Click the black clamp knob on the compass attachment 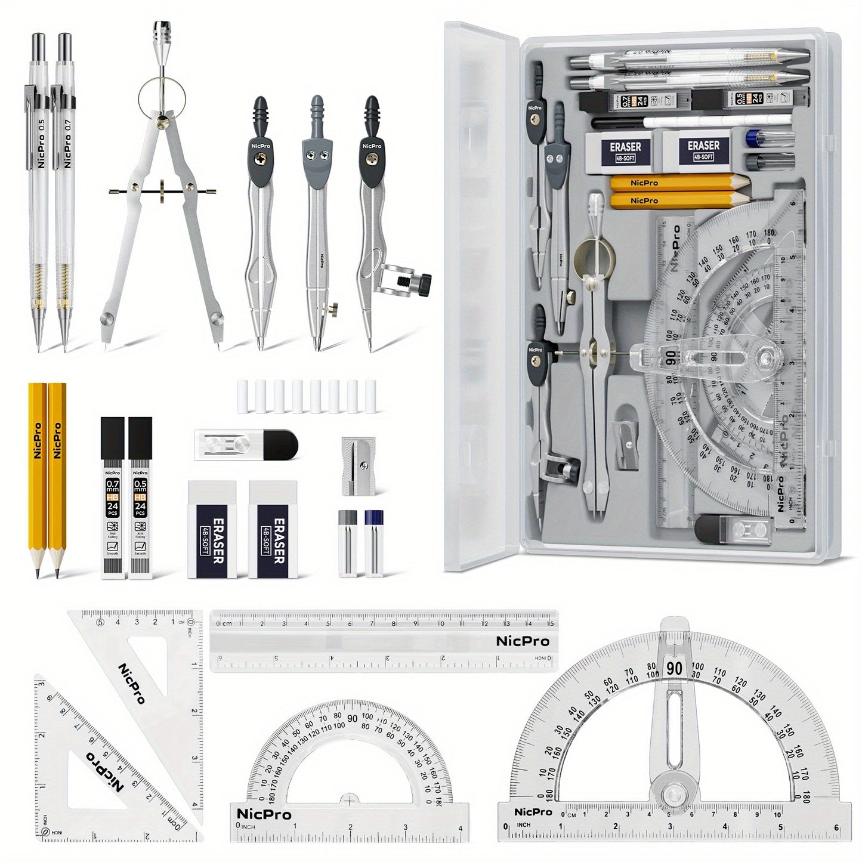coord(424,285)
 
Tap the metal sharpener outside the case coord(359,466)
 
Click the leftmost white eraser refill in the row coord(242,396)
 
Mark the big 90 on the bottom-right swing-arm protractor coord(674,668)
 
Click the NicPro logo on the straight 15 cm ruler coord(523,641)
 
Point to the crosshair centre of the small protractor coord(349,799)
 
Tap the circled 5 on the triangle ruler coord(100,623)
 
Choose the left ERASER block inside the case coord(625,150)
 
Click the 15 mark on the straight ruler coord(549,623)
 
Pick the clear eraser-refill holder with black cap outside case coord(246,445)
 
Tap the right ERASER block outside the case coord(272,529)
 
